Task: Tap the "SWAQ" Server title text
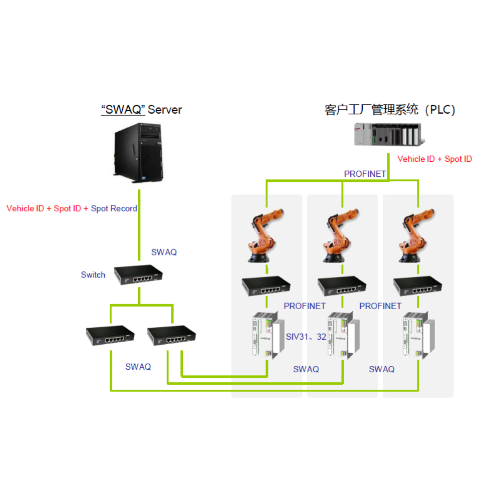tap(141, 110)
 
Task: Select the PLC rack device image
tap(385, 134)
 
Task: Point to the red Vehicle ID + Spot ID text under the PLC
tap(434, 159)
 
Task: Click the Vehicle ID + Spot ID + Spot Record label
tap(72, 208)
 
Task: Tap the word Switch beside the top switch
tap(93, 275)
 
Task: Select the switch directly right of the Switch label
tap(138, 275)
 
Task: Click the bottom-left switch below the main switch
tap(110, 336)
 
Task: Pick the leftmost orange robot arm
tap(262, 238)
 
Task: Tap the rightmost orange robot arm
tap(414, 238)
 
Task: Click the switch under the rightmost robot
tap(417, 286)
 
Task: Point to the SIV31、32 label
tap(306, 337)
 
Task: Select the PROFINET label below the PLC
tap(365, 174)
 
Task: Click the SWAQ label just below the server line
tap(164, 253)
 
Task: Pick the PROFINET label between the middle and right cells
tap(380, 306)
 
